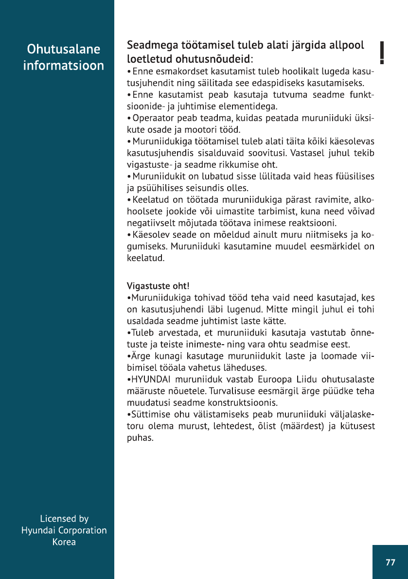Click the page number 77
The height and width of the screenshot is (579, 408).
(x=390, y=562)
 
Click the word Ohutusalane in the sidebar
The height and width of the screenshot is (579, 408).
(x=64, y=49)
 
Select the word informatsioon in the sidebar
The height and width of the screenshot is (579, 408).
(x=64, y=66)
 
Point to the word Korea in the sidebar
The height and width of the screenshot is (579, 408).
(x=64, y=542)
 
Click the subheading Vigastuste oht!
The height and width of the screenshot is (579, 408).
(x=155, y=285)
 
